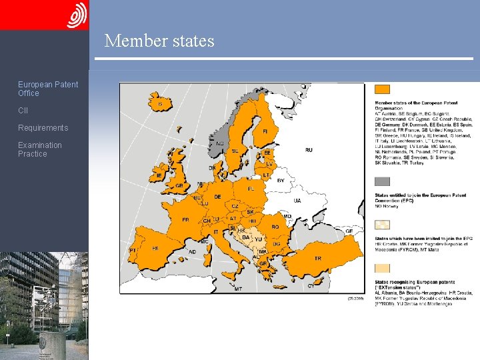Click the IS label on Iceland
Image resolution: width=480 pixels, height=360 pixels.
coord(160,104)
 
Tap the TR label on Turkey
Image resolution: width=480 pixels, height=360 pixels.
coord(317,258)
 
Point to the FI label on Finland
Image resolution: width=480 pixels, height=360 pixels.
coord(266,131)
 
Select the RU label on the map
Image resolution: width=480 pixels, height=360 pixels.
coord(309,151)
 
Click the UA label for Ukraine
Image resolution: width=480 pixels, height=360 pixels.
coord(297,200)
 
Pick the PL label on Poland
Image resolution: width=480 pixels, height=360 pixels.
coord(251,189)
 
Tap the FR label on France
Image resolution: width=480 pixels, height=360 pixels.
coord(185,219)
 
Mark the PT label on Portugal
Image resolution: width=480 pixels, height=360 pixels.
coord(133,251)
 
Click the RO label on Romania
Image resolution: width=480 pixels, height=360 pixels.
coord(275,227)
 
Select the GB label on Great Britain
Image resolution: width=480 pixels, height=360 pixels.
coord(178,185)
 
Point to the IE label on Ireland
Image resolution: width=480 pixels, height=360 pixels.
coord(159,175)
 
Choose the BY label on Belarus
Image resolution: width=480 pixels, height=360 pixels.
coord(281,180)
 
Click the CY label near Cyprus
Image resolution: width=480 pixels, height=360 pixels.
coord(310,285)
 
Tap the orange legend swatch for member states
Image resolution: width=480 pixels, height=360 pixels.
coord(382,89)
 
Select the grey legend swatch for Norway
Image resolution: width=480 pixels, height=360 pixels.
coord(382,181)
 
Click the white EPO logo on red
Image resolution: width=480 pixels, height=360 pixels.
coord(77,15)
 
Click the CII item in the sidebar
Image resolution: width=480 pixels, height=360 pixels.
coord(23,111)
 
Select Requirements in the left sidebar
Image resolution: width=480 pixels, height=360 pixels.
coord(43,128)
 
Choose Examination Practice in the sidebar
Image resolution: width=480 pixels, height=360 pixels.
coord(39,149)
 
